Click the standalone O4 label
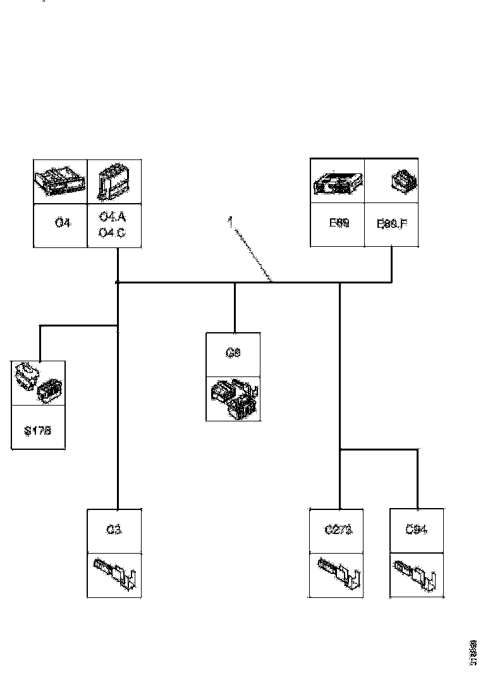(x=62, y=223)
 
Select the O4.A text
(x=113, y=217)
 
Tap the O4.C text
(x=113, y=232)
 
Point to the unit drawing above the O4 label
(x=59, y=180)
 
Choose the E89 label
(x=338, y=223)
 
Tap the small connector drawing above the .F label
(x=400, y=182)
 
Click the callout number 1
(x=231, y=221)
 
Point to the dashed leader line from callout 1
(x=253, y=252)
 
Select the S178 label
(x=37, y=430)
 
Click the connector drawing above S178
(x=38, y=383)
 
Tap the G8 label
(x=233, y=354)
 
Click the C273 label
(x=338, y=530)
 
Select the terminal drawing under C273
(x=338, y=574)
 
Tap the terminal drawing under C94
(x=416, y=574)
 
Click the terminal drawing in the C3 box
(x=115, y=574)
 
